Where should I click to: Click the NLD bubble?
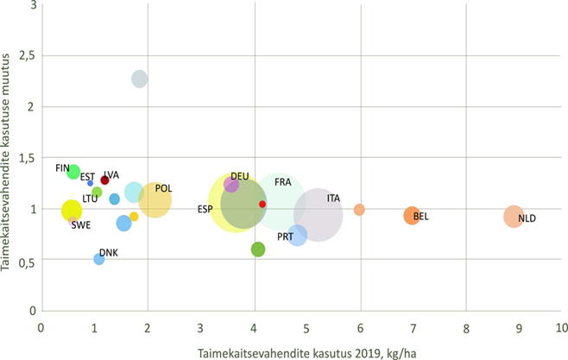(514, 217)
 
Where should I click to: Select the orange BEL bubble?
(412, 215)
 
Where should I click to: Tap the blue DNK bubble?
(99, 259)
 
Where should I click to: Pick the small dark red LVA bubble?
(104, 180)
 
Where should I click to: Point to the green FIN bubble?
(73, 172)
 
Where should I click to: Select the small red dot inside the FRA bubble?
(262, 205)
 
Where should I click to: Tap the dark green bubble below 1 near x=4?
(257, 249)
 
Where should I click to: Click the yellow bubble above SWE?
(72, 211)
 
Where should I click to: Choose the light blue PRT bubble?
(297, 234)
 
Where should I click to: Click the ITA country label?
(333, 199)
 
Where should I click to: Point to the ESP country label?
(205, 210)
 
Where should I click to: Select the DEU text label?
(240, 176)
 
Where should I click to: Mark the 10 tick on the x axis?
(560, 329)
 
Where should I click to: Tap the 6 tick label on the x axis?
(360, 329)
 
